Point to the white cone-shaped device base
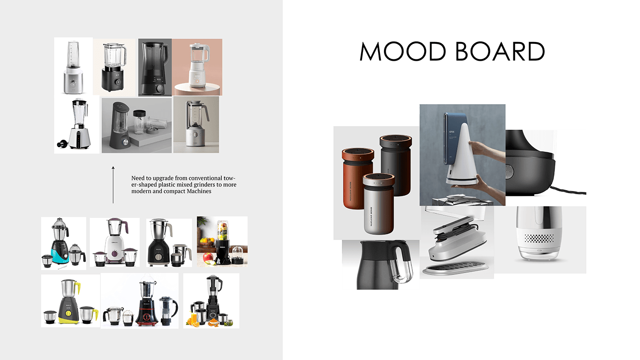pyautogui.click(x=460, y=160)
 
